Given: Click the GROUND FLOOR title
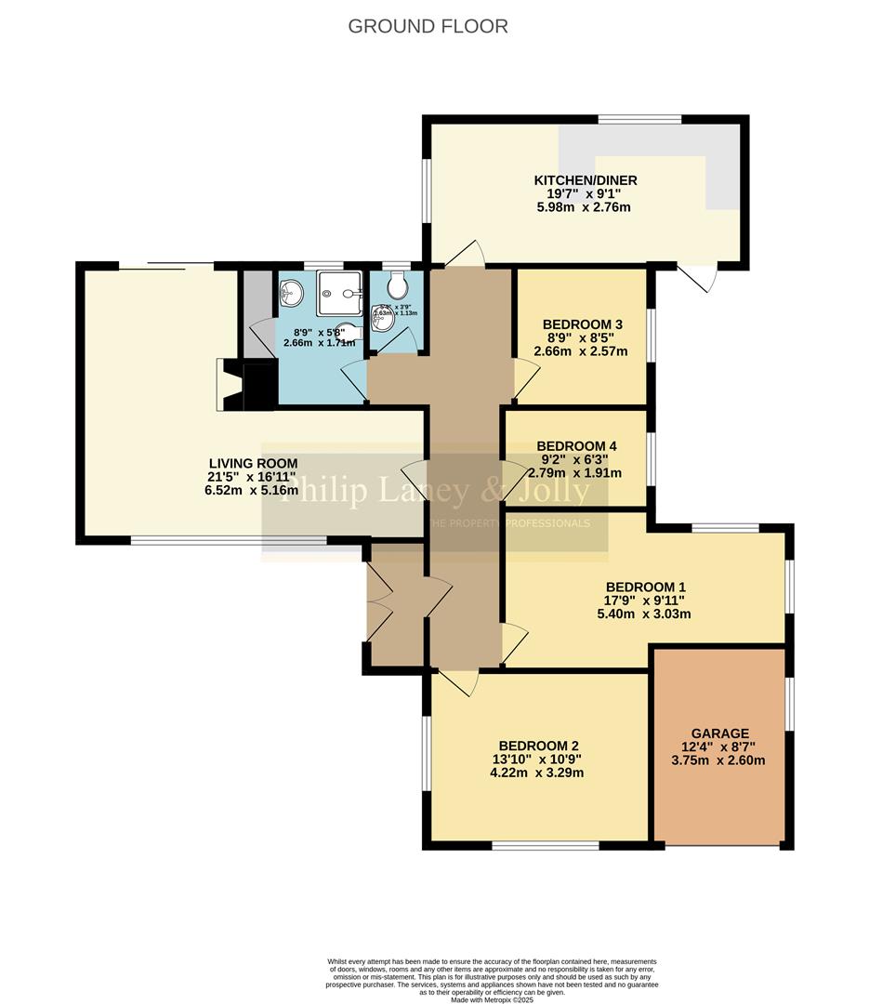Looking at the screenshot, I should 428,26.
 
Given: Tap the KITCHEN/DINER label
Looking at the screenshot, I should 585,179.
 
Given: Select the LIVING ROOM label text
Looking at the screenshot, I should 253,463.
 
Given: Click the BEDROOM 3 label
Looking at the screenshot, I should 582,324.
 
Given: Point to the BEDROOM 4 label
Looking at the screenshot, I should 576,445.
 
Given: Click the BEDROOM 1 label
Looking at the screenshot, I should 645,587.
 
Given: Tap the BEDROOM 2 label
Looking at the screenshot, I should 538,746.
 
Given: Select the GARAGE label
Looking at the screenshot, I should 719,733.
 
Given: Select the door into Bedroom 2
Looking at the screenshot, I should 458,683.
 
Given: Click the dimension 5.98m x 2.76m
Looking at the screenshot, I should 585,207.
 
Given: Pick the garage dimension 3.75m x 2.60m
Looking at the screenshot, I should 718,760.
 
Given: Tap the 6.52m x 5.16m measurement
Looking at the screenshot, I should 253,490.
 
